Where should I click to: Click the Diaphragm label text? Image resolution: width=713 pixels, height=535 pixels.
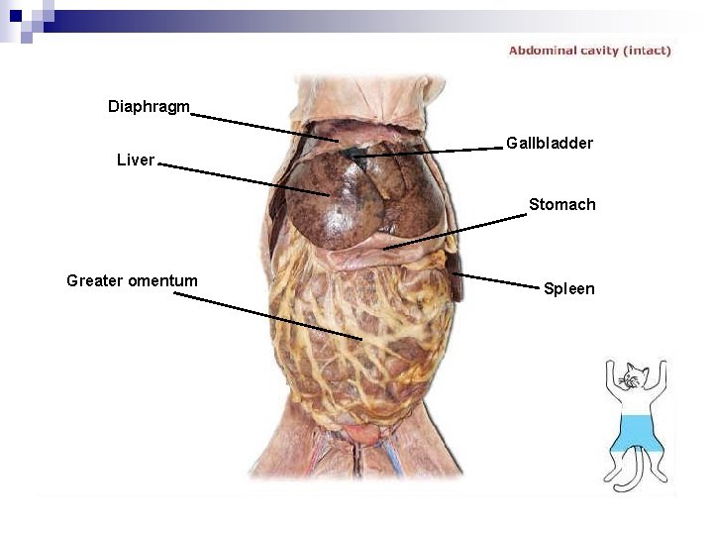point(149,106)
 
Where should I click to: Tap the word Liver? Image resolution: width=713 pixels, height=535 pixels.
point(136,160)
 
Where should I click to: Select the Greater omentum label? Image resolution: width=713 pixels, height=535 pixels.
point(132,280)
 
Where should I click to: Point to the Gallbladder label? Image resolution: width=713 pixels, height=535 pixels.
point(550,143)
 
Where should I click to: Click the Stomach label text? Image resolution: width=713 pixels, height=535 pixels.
point(561,204)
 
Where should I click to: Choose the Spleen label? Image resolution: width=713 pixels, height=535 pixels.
point(568,288)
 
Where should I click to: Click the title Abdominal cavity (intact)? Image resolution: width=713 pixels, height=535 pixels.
point(589,50)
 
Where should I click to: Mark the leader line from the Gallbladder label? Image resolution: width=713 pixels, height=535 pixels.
point(426,151)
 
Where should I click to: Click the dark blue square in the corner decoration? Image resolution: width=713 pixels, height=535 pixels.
point(15,14)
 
